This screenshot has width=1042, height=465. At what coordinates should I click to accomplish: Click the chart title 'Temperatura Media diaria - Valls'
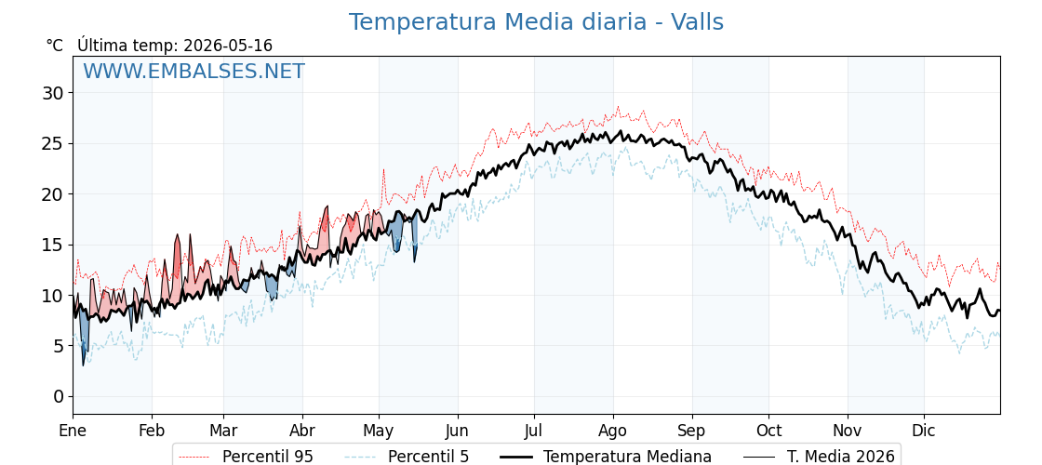[536, 22]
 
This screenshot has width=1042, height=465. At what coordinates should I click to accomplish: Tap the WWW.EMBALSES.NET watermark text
[194, 71]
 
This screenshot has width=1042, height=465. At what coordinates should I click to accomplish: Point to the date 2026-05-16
[228, 46]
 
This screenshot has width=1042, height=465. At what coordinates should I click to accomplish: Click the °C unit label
[55, 46]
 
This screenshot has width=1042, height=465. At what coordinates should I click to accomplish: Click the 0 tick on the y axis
[60, 396]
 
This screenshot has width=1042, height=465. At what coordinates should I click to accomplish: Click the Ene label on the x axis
[73, 432]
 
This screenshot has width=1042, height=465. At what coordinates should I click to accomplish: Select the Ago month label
[613, 432]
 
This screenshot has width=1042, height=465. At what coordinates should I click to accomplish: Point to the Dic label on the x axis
[924, 432]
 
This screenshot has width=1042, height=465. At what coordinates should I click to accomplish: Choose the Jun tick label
[457, 432]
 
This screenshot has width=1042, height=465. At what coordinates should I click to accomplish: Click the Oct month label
[768, 432]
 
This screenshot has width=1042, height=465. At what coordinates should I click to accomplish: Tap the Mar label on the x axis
[223, 432]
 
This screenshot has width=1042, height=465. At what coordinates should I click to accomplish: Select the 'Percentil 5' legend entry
[407, 457]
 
